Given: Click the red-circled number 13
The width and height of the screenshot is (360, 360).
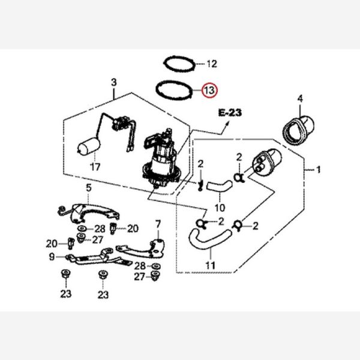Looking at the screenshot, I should (210, 91).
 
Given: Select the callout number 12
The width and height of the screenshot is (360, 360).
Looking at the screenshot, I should (211, 63).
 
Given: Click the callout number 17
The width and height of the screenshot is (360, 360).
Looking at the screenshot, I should (94, 166).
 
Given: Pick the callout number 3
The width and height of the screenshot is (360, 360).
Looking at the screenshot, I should (113, 82).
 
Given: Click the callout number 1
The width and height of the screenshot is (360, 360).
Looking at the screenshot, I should (318, 170).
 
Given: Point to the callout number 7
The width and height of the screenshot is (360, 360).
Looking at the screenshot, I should (158, 226).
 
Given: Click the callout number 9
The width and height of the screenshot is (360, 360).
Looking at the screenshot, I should (53, 257).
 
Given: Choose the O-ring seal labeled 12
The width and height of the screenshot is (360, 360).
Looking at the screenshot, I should (179, 62).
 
